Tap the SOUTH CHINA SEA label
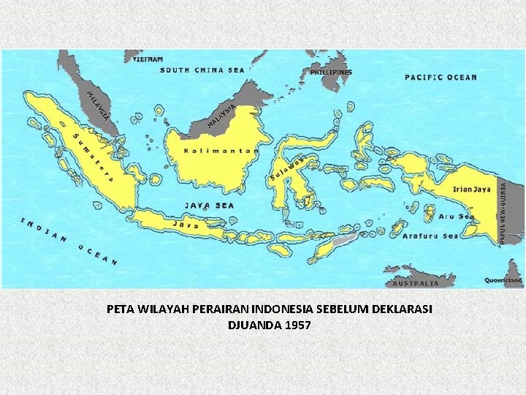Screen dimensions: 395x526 [202, 70]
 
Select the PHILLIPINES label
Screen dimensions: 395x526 [331, 72]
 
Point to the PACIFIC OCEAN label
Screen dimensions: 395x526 [441, 78]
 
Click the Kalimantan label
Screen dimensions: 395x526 [211, 151]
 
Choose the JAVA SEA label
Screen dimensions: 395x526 [209, 206]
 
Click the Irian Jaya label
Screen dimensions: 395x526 [472, 189]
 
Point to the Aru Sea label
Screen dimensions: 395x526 [457, 217]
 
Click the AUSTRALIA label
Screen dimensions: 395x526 [416, 283]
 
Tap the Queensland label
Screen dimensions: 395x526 [504, 280]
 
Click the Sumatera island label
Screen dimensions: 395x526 [88, 153]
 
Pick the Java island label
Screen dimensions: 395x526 [186, 225]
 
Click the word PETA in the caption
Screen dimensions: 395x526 [120, 309]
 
